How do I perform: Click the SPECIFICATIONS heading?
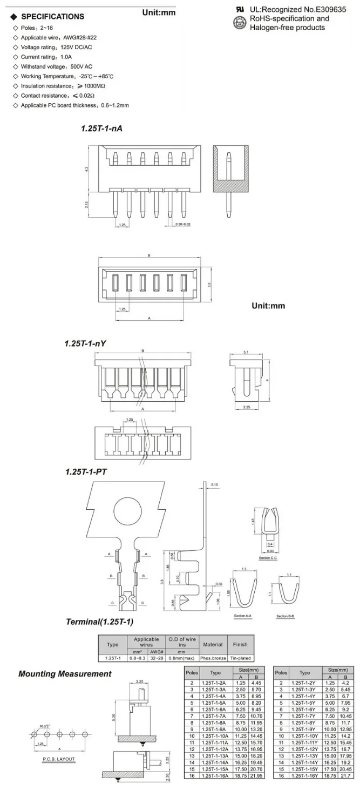coord(52,16)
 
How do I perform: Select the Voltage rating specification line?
coord(46,47)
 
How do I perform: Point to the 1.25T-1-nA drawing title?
coord(101,129)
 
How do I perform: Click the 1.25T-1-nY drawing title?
coord(85,343)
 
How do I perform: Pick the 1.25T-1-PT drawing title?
coord(86,471)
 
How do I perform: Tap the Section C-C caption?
coord(268,557)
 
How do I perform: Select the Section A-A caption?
coord(243,616)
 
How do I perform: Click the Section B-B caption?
coord(286,616)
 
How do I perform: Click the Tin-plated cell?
coord(240,658)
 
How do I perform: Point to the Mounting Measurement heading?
coord(65,673)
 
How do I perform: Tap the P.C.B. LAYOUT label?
coord(59,759)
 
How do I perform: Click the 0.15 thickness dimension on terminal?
coord(215,484)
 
